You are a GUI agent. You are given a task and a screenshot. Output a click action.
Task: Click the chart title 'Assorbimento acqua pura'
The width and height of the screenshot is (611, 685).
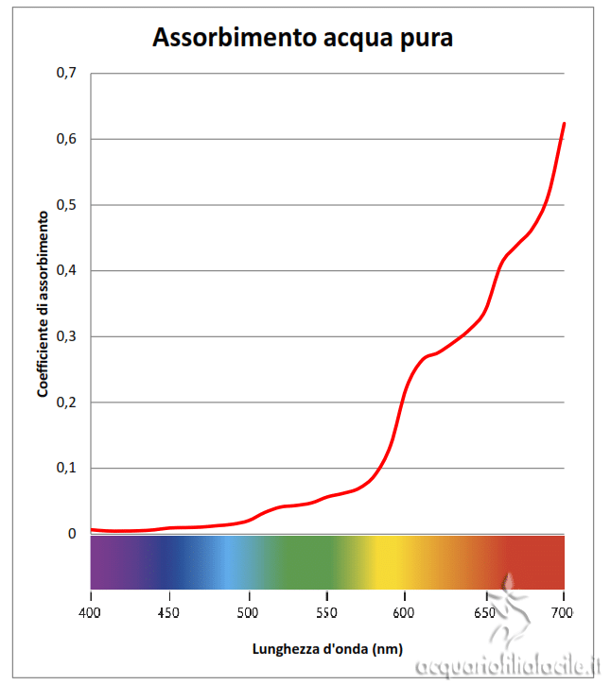click(x=303, y=39)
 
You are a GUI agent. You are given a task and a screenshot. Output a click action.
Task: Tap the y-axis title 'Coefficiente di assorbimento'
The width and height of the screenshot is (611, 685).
click(x=43, y=303)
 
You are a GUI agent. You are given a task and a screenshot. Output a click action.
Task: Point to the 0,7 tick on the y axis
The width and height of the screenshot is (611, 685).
click(x=66, y=73)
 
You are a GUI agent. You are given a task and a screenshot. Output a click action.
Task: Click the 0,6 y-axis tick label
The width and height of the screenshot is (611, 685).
click(x=66, y=139)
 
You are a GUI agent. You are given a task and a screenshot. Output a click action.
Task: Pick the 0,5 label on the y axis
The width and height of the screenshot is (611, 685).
click(x=66, y=205)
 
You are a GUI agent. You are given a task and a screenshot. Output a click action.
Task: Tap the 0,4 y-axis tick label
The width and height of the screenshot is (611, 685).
click(x=66, y=270)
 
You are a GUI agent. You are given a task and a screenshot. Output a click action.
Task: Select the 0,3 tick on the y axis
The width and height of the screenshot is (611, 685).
click(x=66, y=336)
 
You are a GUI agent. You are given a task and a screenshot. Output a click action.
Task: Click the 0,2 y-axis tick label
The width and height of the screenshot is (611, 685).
click(x=66, y=402)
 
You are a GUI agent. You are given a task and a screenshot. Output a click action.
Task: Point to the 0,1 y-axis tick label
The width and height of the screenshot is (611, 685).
click(x=66, y=468)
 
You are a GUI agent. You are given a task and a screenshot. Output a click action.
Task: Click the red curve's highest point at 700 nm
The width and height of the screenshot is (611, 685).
click(x=564, y=124)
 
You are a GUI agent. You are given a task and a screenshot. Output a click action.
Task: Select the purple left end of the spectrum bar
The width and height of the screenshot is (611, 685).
click(x=104, y=562)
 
